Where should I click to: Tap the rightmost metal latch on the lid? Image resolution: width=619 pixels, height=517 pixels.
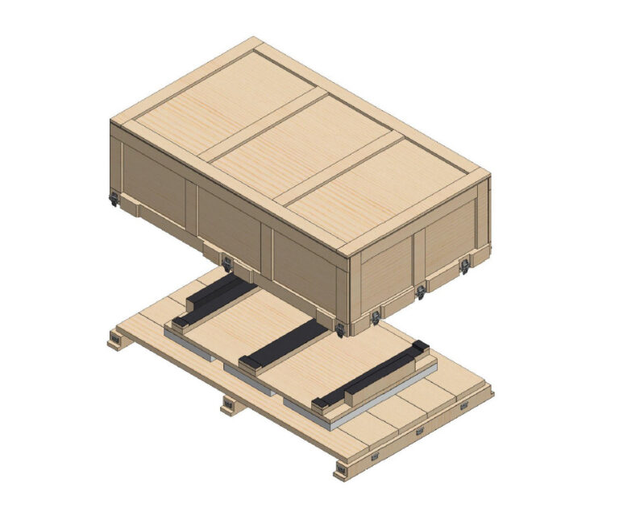tap(464, 265)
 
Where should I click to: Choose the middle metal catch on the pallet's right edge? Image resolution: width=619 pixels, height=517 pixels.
tap(419, 432)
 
